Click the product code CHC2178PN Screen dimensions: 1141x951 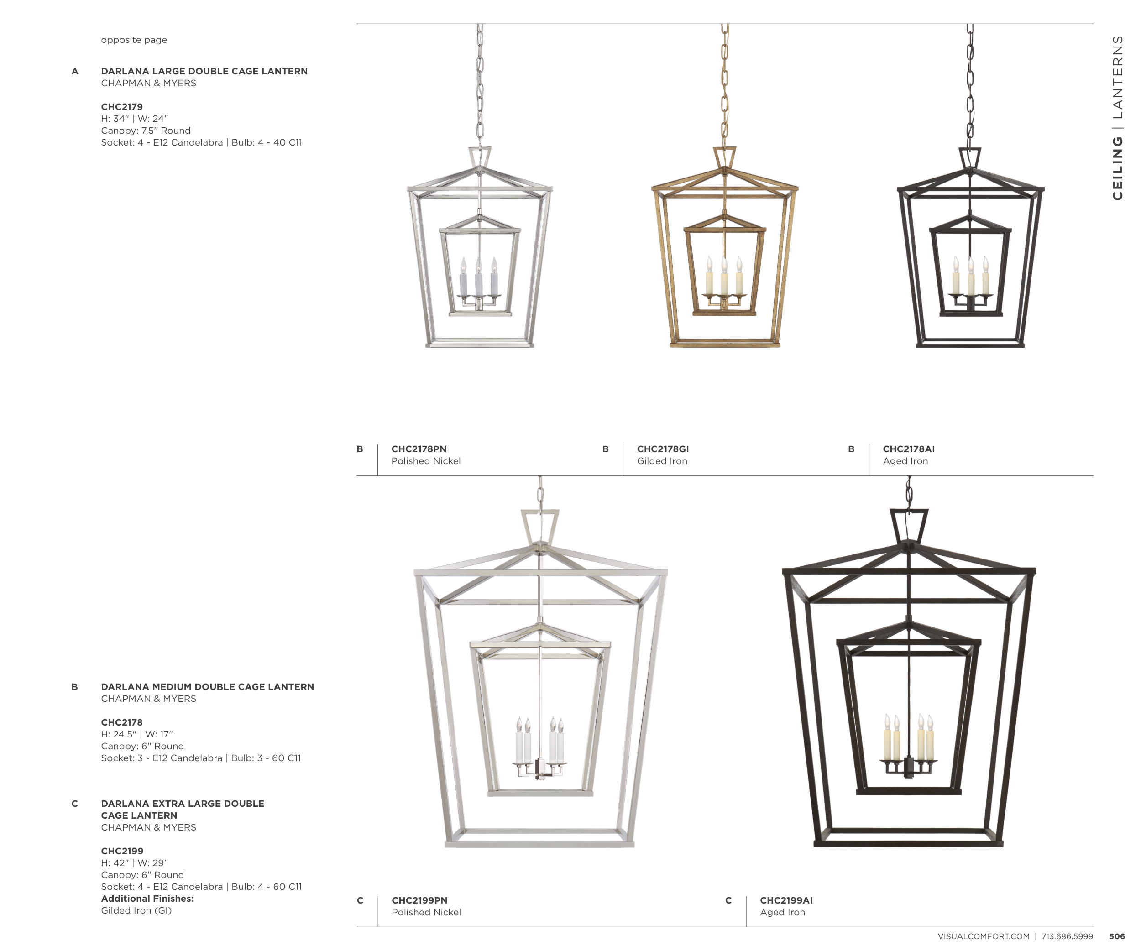(x=419, y=449)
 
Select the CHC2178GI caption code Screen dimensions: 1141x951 (x=663, y=449)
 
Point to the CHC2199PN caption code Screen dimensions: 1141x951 (x=419, y=900)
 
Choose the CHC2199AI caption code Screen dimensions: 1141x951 (x=786, y=900)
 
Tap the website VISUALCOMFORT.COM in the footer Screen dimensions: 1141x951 (x=984, y=936)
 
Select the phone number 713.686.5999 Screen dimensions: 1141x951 (x=1067, y=936)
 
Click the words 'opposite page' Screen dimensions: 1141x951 (x=134, y=40)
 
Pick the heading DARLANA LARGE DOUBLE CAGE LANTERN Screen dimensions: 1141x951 (x=204, y=71)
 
